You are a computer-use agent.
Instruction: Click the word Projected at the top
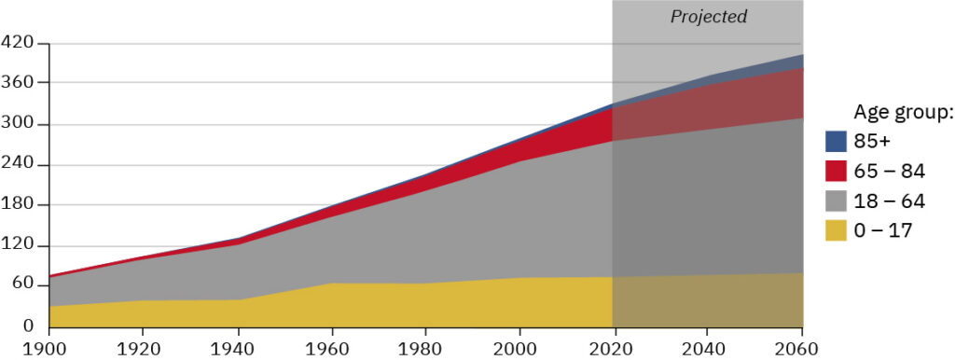(709, 17)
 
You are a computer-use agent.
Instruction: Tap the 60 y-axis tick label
(22, 285)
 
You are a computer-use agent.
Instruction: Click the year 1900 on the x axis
(48, 348)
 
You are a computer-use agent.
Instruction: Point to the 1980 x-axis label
(424, 348)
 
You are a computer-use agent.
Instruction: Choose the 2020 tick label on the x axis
(612, 348)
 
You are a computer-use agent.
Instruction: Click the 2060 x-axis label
(800, 348)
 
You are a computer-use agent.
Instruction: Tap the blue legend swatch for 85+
(836, 141)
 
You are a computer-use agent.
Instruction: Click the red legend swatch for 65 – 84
(836, 171)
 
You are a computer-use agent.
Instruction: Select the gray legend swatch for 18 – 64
(836, 201)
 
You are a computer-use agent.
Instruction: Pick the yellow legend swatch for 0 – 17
(836, 229)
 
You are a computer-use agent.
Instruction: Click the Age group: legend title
(903, 113)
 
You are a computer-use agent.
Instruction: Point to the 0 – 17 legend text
(883, 230)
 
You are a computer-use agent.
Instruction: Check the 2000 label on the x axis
(519, 348)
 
